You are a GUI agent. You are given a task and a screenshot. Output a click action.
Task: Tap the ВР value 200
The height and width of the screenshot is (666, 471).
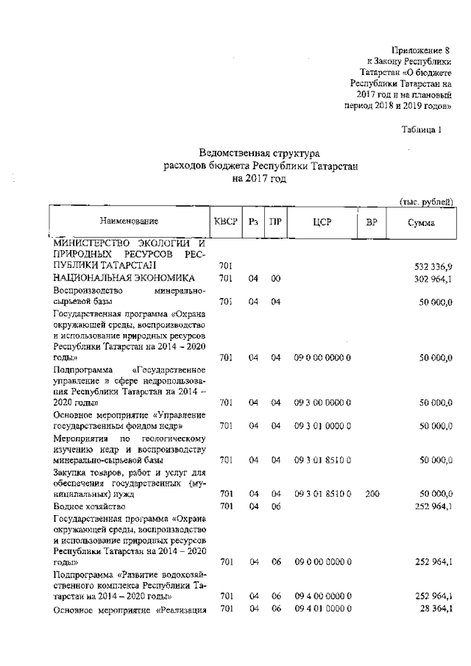(372, 494)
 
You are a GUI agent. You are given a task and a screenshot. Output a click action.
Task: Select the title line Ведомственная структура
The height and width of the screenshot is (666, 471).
(260, 153)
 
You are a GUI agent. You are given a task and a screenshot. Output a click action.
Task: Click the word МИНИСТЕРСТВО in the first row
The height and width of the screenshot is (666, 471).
(90, 242)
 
